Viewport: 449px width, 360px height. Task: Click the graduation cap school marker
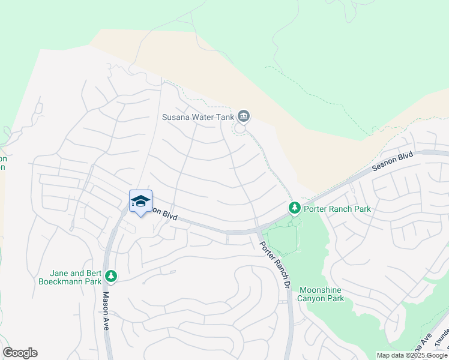140,202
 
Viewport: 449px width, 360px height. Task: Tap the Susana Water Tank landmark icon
243,116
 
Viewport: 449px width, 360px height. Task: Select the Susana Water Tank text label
198,116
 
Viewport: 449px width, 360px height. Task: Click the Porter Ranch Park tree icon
294,208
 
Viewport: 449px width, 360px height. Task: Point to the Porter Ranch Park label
337,209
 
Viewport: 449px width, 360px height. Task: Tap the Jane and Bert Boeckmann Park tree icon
110,275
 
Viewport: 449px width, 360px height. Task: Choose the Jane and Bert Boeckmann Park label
71,277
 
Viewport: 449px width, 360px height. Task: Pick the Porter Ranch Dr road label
275,264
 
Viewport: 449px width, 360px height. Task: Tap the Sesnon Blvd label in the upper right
393,162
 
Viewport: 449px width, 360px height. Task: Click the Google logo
20,353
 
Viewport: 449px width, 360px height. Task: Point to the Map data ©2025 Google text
412,355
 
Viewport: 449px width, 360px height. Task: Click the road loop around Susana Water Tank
240,128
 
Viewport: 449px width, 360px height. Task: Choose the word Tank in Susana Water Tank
224,116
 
